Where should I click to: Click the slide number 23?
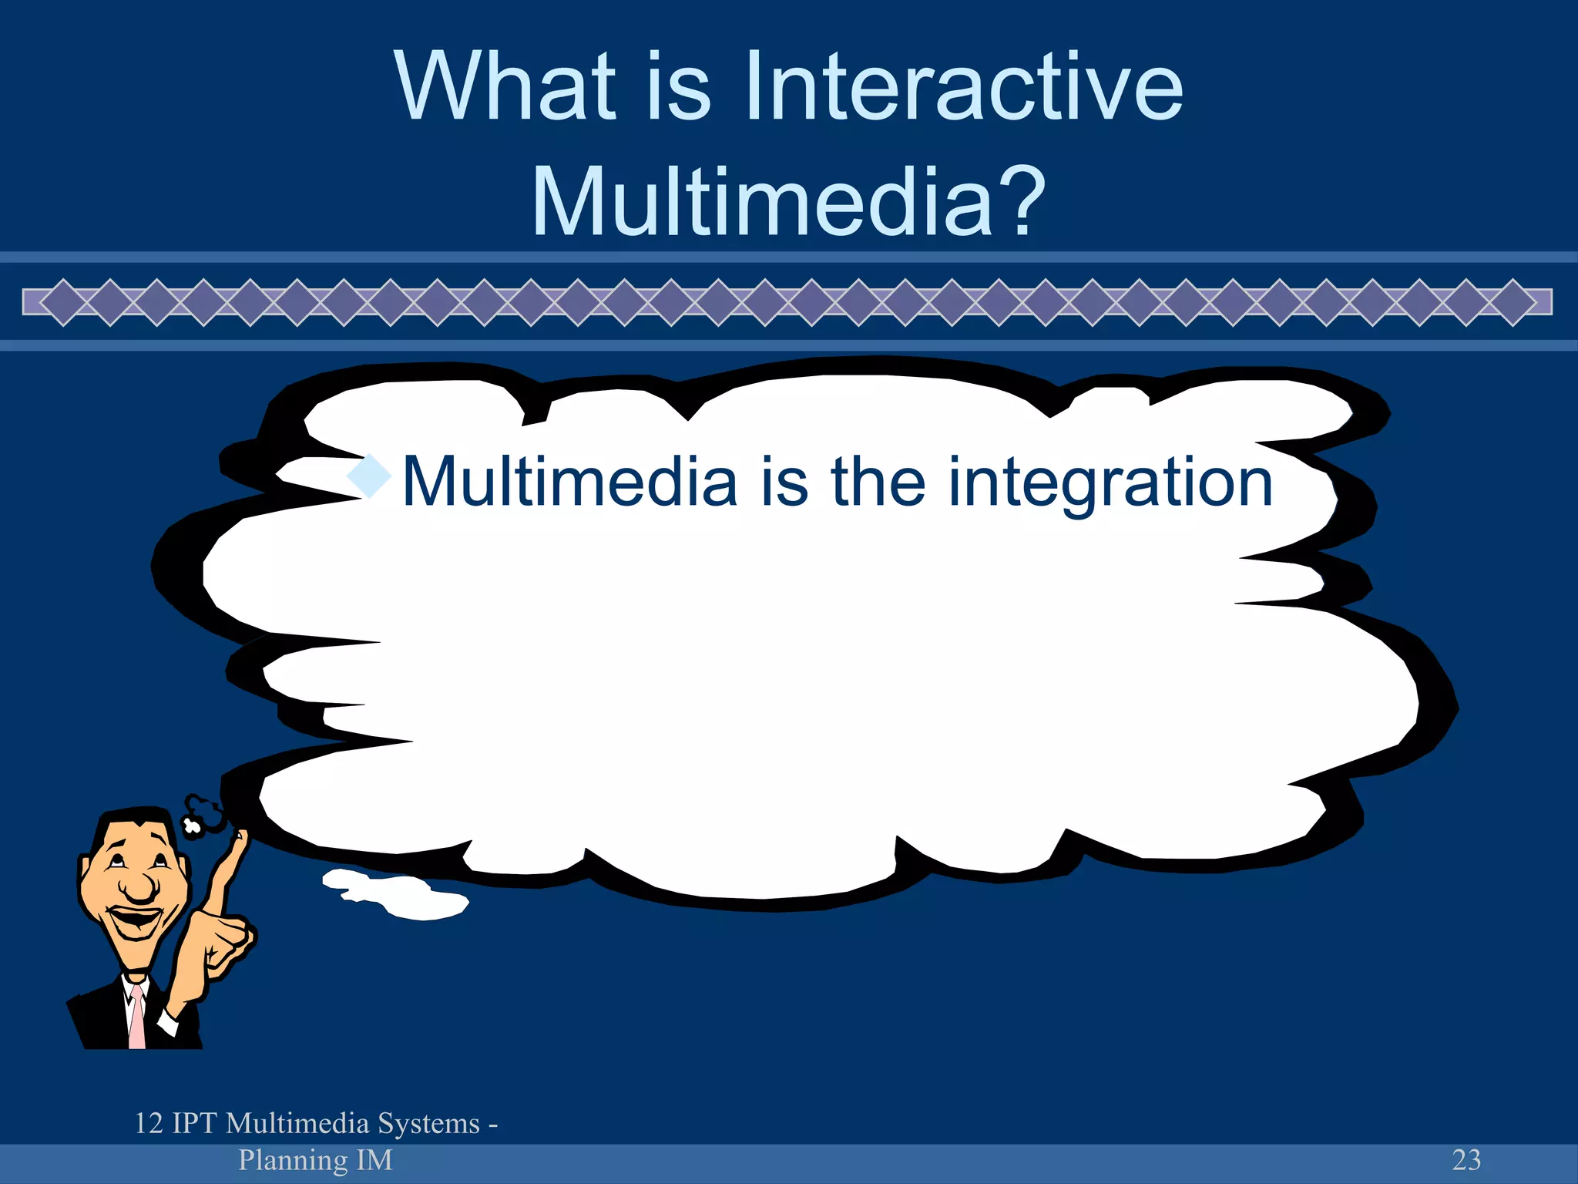[x=1466, y=1159]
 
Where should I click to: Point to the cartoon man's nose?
[x=139, y=886]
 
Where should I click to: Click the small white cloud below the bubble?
[x=397, y=894]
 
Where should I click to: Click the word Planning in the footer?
[x=293, y=1160]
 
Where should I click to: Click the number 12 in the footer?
[x=149, y=1123]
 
